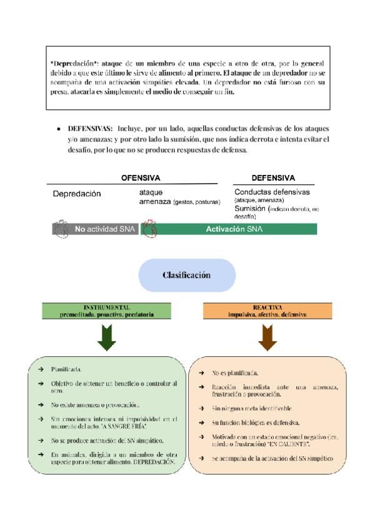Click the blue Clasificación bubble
187,275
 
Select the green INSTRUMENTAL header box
107,311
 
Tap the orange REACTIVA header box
267,311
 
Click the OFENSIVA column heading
141,177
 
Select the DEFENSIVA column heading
273,177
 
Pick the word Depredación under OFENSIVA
77,194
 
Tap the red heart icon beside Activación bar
149,229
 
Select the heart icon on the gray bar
63,229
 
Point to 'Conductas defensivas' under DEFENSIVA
272,191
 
